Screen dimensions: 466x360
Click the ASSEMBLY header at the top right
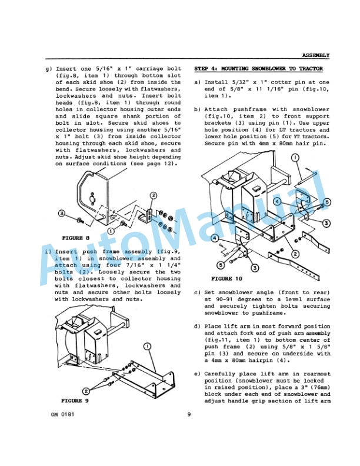(x=316, y=55)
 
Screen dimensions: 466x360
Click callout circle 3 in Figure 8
(x=61, y=212)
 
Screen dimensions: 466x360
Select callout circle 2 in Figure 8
(x=154, y=195)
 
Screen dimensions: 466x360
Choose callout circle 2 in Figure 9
(x=86, y=390)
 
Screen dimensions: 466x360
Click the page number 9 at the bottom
(x=188, y=415)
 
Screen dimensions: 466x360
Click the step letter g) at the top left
(x=48, y=69)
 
